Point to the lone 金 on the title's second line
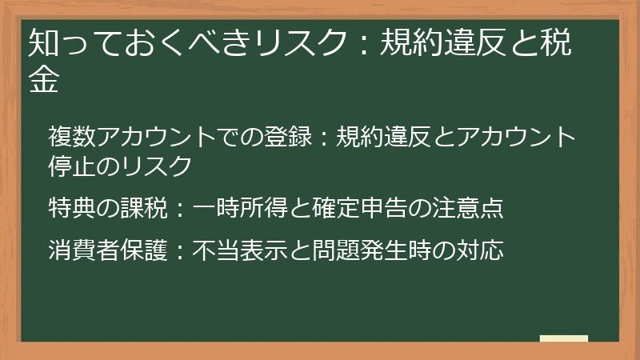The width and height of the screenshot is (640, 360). point(43,81)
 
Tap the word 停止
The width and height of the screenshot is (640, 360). point(72,166)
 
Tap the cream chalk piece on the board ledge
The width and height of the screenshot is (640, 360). point(563,338)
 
